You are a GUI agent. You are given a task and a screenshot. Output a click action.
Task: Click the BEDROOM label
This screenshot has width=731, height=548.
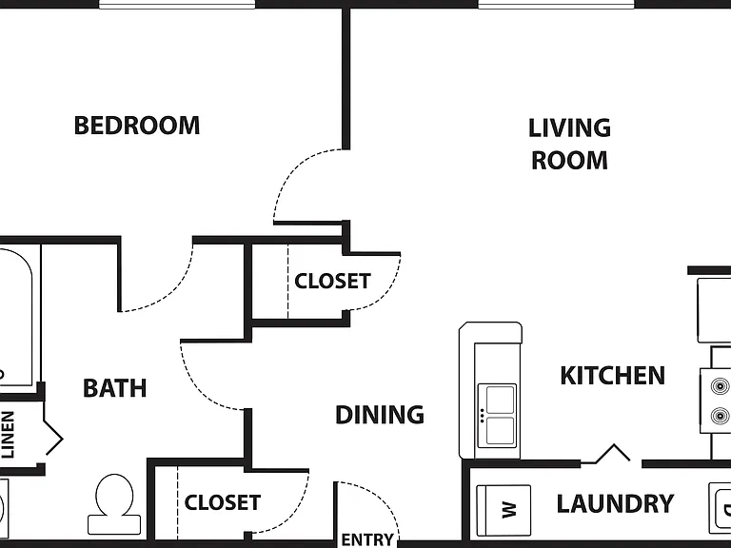137,126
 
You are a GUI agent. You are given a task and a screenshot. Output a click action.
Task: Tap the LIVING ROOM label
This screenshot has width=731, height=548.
569,144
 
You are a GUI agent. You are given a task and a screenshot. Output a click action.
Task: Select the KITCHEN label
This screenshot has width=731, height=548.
613,376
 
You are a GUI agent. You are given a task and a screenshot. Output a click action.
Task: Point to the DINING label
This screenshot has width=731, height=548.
380,414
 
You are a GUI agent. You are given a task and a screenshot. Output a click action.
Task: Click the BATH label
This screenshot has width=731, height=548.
114,388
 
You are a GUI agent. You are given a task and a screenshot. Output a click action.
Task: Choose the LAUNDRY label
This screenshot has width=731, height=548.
616,503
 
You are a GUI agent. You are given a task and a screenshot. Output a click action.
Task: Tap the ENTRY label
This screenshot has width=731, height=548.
367,539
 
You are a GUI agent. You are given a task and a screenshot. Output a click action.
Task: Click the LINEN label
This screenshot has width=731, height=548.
8,434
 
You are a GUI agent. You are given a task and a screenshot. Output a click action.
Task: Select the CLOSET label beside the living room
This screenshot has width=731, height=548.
332,281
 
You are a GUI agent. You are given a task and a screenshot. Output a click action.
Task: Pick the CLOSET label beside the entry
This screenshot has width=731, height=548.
223,502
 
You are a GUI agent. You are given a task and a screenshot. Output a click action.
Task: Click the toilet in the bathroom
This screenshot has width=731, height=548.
114,504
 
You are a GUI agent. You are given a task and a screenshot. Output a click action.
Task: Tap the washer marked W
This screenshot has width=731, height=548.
504,510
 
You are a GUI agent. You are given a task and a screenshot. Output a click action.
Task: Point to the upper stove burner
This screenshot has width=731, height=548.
720,386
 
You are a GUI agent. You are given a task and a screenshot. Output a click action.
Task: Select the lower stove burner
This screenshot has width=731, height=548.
720,416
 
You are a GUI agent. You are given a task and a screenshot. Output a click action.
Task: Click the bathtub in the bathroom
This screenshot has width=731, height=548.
17,318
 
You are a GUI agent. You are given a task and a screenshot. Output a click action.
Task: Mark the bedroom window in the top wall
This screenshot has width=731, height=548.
177,5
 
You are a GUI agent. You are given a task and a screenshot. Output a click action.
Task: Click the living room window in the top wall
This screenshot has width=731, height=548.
557,5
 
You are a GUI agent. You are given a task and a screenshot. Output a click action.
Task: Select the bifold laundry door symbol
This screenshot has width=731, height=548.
611,455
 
